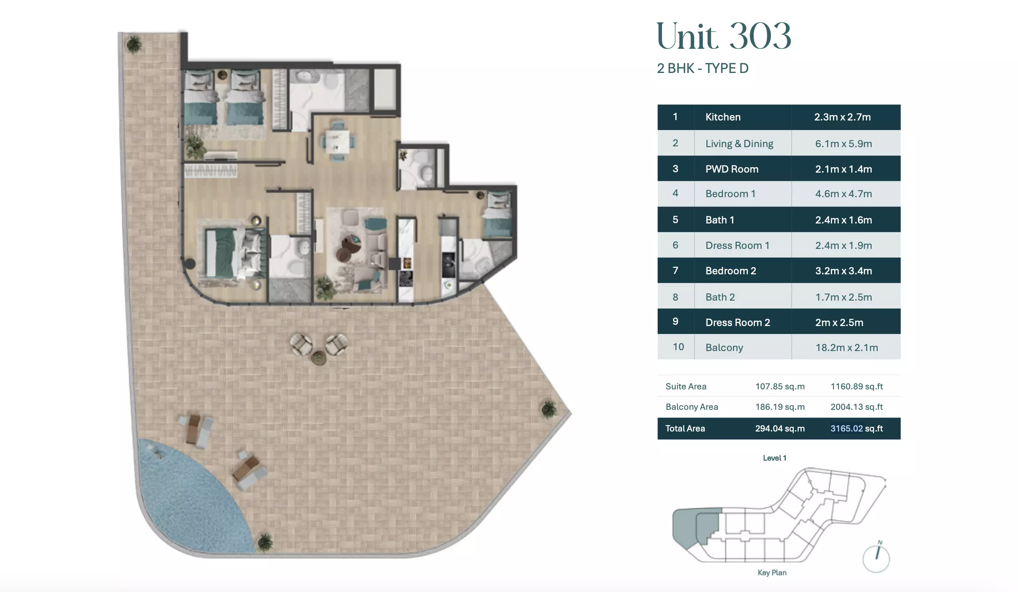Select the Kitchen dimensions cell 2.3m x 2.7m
842,117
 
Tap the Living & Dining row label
739,143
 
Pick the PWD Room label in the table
732,169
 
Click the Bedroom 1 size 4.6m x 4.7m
843,194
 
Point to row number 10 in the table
678,347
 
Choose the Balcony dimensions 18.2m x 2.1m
847,347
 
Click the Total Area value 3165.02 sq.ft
857,429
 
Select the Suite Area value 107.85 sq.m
780,386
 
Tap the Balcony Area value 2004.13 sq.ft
857,407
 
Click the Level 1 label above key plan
775,458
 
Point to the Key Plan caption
772,572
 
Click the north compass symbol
876,557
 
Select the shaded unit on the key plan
696,527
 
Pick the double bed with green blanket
235,253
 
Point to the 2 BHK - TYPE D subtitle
702,68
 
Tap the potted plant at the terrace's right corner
549,409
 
